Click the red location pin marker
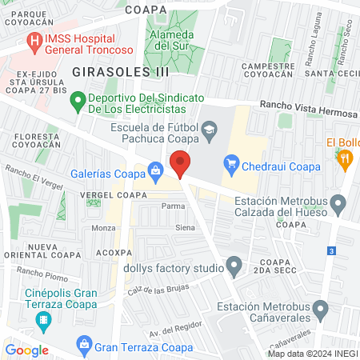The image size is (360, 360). pos(181,164)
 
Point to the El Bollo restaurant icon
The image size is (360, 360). pos(346,160)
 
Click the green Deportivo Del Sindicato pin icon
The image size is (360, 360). pos(78,102)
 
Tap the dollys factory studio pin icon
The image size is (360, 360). pos(234,264)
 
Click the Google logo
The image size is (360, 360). pos(27,350)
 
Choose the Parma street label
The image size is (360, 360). pos(173,206)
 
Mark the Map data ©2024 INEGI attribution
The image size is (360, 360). pos(312,354)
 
